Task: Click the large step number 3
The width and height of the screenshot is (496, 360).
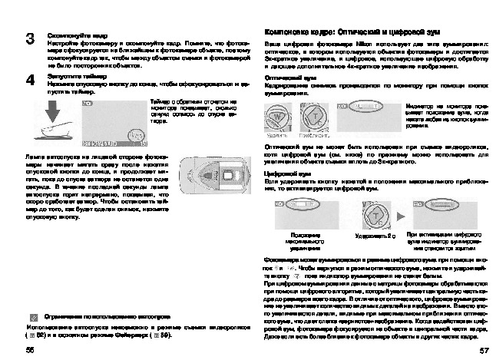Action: [x=30, y=38]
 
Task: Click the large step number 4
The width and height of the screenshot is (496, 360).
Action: [x=30, y=80]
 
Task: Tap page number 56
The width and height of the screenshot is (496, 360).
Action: [x=31, y=349]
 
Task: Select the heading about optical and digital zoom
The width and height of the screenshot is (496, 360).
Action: [x=342, y=35]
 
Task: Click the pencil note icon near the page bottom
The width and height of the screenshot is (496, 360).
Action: [x=34, y=316]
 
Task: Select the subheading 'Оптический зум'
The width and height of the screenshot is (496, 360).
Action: [x=284, y=78]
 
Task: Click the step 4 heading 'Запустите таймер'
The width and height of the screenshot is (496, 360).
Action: [x=71, y=78]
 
